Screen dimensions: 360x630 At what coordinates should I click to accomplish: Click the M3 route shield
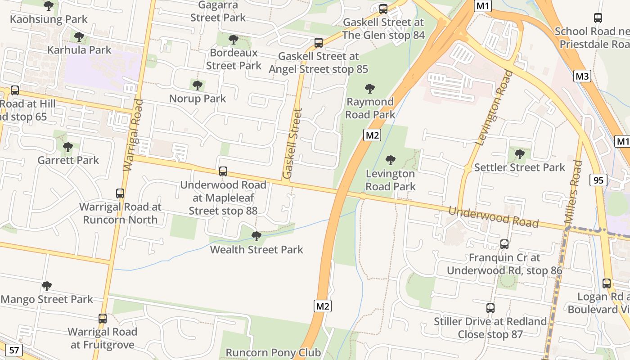click(x=582, y=76)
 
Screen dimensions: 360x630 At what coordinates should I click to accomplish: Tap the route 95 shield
click(x=598, y=180)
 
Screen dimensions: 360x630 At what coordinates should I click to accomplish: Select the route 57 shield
click(x=14, y=350)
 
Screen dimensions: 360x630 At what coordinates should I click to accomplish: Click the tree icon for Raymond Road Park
click(x=370, y=88)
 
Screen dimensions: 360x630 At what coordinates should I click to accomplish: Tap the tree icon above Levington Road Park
click(x=391, y=160)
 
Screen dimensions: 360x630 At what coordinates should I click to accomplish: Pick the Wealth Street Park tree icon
click(x=256, y=236)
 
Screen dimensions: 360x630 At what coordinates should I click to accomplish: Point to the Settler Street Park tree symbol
click(x=520, y=154)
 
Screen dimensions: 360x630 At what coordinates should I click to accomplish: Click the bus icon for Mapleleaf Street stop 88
click(x=223, y=171)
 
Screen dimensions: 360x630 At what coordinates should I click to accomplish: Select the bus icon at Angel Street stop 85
click(x=319, y=43)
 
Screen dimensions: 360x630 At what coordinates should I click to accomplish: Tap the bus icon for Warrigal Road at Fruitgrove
click(x=103, y=319)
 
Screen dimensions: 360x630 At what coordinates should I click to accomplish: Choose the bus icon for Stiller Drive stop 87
click(x=490, y=308)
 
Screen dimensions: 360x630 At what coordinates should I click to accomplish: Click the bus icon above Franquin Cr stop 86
click(x=504, y=244)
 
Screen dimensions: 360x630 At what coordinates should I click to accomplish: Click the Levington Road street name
click(x=494, y=108)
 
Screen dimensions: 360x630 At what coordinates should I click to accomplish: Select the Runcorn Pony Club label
click(x=273, y=352)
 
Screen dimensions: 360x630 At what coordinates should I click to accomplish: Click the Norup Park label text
click(x=198, y=98)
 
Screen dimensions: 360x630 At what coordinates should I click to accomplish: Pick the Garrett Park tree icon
click(x=68, y=147)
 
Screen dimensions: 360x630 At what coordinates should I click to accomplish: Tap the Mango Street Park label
click(x=47, y=299)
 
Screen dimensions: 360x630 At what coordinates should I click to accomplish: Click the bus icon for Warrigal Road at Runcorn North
click(x=120, y=193)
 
